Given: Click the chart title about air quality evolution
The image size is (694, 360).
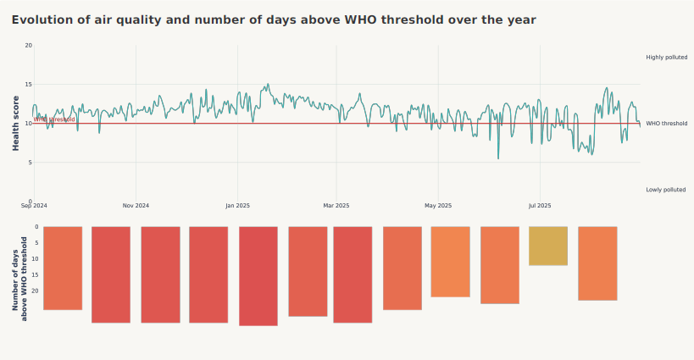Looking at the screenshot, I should pos(274,19).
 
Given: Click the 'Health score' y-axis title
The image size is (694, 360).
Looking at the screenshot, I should pos(16,124).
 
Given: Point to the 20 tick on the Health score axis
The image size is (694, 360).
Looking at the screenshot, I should pos(29,46).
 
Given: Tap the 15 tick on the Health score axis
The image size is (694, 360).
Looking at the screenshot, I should pos(29,85).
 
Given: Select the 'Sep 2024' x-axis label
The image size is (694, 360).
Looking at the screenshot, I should pos(34,206).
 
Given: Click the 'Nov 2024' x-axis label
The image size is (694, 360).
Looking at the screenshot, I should pos(136,206).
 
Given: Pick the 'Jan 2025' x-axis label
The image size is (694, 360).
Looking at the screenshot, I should pos(237,206).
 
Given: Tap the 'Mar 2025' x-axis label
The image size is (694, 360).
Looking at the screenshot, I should pos(336,206).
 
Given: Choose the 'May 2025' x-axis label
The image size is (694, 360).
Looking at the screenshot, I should pos(438,206).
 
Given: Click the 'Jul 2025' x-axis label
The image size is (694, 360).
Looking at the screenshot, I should pos(540,206).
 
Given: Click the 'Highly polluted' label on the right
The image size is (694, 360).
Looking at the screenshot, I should pos(666,58).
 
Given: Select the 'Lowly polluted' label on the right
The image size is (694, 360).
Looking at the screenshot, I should pos(665,190).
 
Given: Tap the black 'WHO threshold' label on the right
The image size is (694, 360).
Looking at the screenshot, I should pos(666,124).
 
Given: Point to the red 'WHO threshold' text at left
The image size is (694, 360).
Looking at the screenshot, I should pos(54,119).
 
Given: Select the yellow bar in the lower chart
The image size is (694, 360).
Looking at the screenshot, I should pos(548,246).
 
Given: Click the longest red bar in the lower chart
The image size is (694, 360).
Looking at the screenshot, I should pos(258,275).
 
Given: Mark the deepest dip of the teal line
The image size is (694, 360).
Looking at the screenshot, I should pos(498,158).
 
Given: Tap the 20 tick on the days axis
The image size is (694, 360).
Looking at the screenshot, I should pos(36,291).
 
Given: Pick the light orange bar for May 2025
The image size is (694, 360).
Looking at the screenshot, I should pos(450,261).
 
